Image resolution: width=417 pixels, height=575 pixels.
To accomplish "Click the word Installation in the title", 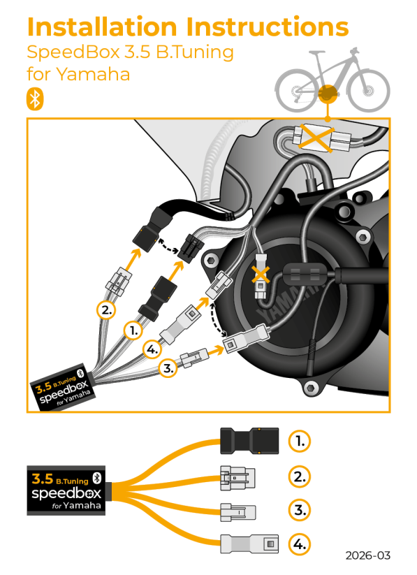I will click(x=102, y=27).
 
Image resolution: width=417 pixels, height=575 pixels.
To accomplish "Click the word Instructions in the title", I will click(x=267, y=27).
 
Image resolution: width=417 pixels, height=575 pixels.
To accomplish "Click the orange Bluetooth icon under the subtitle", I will click(x=34, y=99).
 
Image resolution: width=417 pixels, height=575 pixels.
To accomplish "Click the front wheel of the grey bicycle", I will click(x=368, y=90).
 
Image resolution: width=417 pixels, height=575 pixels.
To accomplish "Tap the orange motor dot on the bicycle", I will click(x=325, y=94).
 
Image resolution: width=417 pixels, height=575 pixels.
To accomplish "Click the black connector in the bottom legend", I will click(x=249, y=441).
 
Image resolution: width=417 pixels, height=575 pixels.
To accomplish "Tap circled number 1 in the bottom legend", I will click(x=299, y=441).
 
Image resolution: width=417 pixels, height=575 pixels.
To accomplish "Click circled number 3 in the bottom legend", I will click(x=299, y=510).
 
